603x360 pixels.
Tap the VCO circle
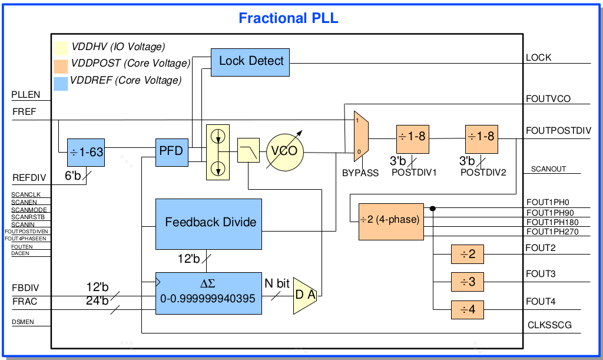coord(284,151)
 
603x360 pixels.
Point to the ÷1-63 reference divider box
coord(86,153)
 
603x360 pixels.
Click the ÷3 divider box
coord(468,282)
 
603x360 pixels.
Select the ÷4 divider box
coord(468,309)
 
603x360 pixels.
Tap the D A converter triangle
coord(305,295)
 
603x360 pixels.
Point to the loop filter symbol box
coord(249,150)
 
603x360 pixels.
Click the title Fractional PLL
coord(288,18)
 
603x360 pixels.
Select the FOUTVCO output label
coord(548,99)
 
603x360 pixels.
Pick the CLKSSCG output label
coord(549,325)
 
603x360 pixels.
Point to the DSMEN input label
coord(23,322)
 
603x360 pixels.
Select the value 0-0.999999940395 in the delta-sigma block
coord(208,299)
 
